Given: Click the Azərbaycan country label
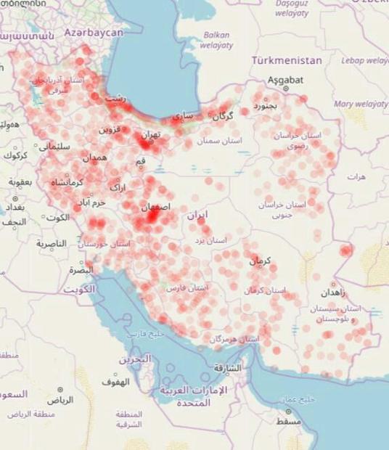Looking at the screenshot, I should tap(94, 33).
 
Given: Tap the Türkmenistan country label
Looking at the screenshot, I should tap(286, 61).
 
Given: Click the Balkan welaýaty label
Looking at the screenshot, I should tap(217, 39).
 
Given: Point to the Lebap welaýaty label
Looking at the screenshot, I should tap(362, 60).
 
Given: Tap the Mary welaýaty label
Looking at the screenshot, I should tap(361, 104).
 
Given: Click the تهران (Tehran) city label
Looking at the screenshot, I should tap(150, 134).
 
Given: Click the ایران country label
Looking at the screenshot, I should tap(197, 215).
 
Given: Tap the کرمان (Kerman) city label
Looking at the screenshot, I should tap(261, 261).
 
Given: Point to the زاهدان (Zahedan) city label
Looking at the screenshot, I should tap(333, 293).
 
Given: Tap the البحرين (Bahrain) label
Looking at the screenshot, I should tap(135, 359).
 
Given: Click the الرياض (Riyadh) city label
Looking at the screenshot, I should tap(60, 399).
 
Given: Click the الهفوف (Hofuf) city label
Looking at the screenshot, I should tap(115, 380).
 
